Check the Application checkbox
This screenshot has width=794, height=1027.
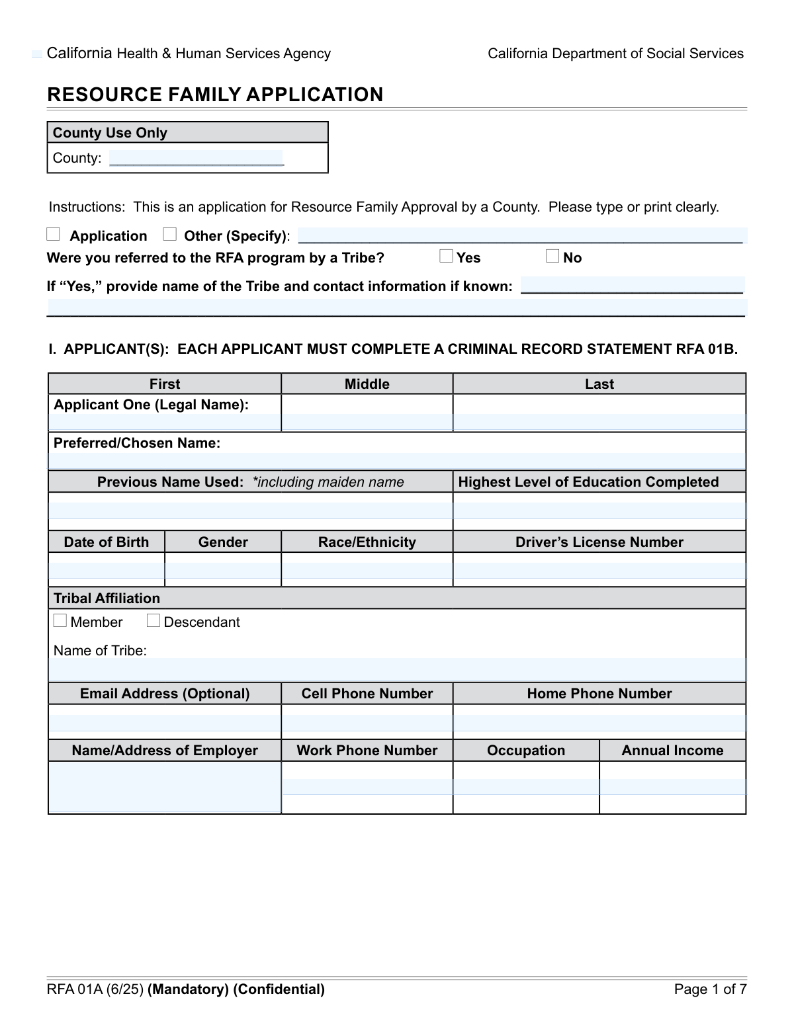pos(54,235)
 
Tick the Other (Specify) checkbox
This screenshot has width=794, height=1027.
pos(170,235)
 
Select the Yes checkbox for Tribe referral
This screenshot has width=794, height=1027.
pos(447,257)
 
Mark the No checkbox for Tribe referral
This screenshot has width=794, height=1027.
pos(552,257)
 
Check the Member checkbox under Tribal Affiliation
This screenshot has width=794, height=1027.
pos(60,621)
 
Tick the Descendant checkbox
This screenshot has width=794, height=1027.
pos(154,621)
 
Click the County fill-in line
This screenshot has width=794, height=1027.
pos(197,158)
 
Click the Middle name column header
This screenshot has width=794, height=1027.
pos(367,384)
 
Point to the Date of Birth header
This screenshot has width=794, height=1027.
pos(107,542)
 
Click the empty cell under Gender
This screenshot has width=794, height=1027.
pos(223,569)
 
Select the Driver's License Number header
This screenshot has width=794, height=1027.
pos(599,542)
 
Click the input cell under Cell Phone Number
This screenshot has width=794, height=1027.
pos(367,722)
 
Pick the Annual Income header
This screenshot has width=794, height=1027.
pos(672,751)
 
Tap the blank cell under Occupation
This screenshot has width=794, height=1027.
pos(526,787)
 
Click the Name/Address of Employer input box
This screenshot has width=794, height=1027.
pos(165,787)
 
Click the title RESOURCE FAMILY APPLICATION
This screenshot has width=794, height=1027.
pos(215,95)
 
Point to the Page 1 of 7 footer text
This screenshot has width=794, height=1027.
pos(710,989)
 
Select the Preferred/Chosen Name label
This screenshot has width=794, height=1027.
pos(137,443)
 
